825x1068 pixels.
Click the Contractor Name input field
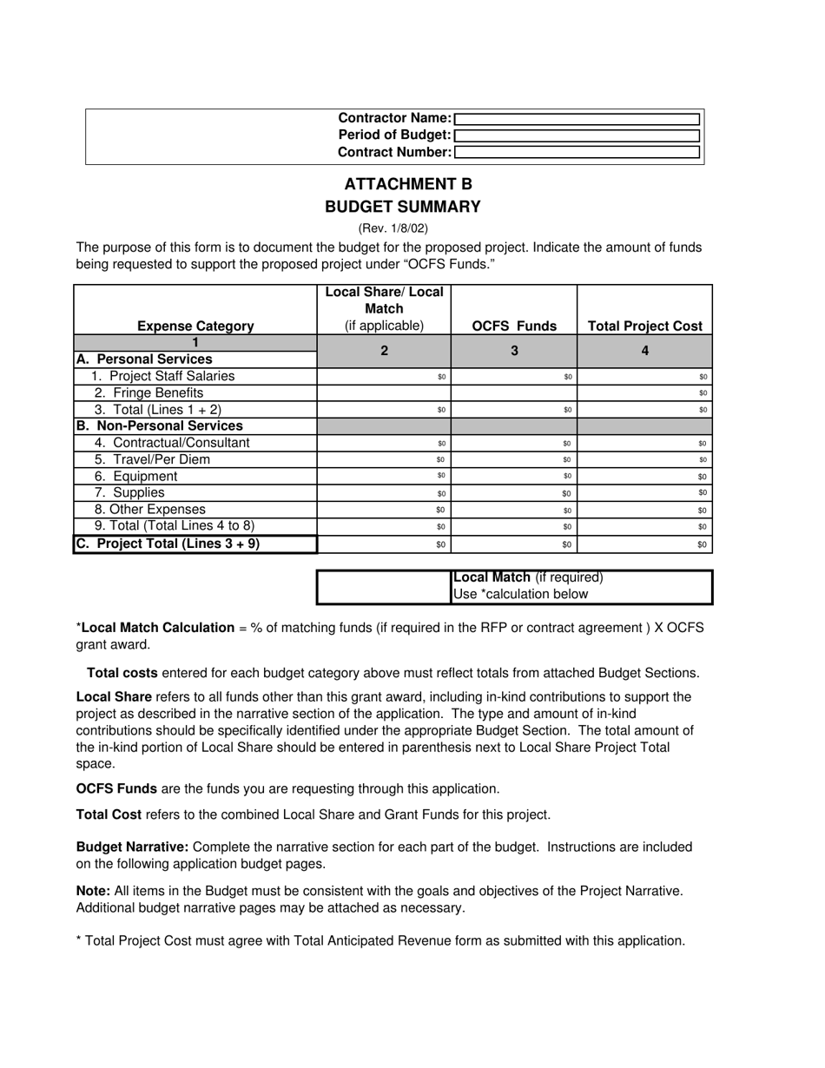[577, 119]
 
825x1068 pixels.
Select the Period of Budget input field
[577, 135]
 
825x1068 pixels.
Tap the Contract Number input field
[577, 152]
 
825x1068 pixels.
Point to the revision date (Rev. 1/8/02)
[393, 228]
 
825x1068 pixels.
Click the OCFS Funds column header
[514, 326]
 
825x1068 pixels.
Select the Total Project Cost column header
[645, 326]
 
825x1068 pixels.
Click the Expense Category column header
[195, 326]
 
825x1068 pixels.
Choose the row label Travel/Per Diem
[152, 459]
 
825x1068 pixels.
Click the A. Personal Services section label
[144, 359]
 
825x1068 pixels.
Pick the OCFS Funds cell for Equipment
[514, 477]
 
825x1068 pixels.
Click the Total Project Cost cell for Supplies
[645, 493]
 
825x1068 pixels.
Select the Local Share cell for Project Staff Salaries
[384, 377]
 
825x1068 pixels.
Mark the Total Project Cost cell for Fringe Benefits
[645, 393]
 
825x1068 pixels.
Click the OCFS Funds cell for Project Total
[514, 544]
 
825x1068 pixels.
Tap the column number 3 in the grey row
[514, 351]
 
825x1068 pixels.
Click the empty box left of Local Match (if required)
[384, 587]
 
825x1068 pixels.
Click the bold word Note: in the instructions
[93, 891]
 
